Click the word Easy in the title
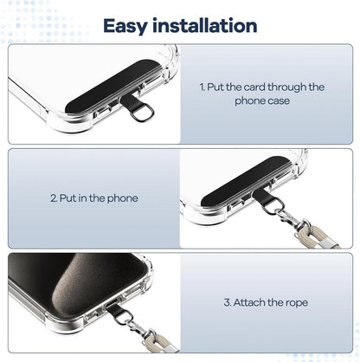point(125,26)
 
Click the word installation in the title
point(205,25)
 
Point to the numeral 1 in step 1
point(202,87)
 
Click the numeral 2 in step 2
point(54,198)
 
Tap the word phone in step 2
point(123,198)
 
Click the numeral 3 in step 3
point(228,303)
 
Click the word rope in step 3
point(297,304)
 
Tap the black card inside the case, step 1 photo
point(113,86)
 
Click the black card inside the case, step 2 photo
point(246,181)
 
